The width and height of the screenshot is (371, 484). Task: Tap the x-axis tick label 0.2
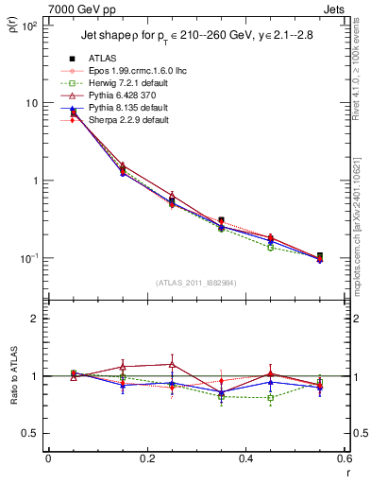(146, 458)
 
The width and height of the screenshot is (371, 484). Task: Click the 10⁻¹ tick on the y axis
(28, 258)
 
